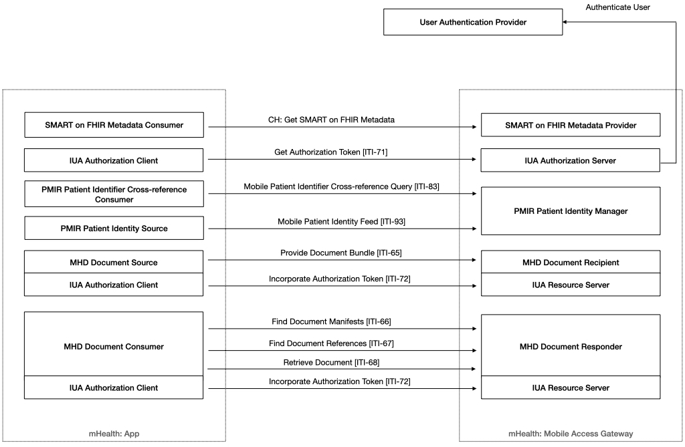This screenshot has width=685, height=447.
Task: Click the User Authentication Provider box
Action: pos(473,22)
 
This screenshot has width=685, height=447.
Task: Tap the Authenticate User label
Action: pos(617,7)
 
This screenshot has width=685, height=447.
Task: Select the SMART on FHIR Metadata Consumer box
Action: pos(114,125)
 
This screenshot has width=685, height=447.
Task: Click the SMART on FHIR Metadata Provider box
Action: pos(571,125)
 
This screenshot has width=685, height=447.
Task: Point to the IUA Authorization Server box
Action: pos(571,160)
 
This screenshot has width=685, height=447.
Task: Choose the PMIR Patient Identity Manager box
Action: pos(571,211)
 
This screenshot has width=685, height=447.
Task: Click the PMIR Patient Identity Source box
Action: pos(114,229)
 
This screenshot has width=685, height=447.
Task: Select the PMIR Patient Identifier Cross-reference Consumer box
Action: pos(114,194)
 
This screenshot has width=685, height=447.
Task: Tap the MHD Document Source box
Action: pos(114,263)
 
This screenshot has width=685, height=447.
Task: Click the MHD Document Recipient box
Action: pos(571,263)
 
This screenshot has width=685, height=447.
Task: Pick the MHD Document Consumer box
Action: pos(114,346)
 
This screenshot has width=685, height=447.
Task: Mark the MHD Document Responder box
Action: pos(571,346)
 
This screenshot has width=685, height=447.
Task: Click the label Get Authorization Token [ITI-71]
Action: pos(331,152)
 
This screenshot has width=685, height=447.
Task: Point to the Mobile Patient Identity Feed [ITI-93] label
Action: pos(341,221)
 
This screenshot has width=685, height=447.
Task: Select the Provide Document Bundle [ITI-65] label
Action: pos(340,253)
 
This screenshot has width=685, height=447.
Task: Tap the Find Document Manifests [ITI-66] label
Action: pos(331,321)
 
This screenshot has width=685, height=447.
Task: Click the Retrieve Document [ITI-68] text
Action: pos(331,362)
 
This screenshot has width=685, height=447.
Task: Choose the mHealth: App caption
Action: pos(114,434)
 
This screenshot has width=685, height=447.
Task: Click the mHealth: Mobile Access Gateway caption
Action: pos(571,434)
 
